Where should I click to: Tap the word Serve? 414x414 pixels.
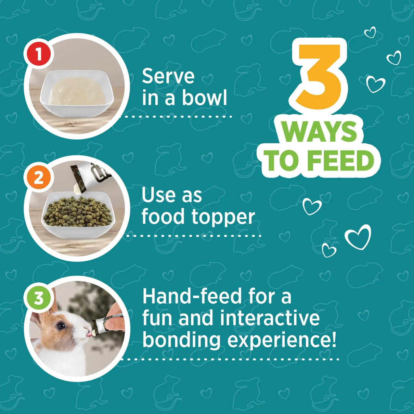coord(168,76)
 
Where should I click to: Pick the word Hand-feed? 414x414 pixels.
coord(192,297)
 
